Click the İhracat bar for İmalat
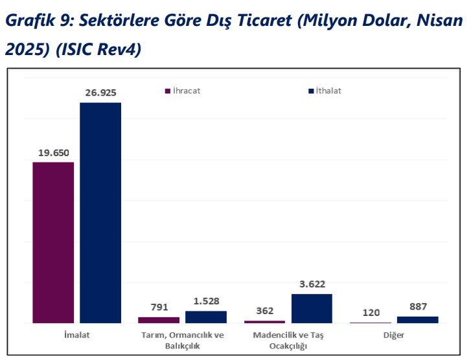53,242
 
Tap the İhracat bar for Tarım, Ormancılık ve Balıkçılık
159,320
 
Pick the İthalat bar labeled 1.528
206,317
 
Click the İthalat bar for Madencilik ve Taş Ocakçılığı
312,308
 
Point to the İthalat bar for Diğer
417,319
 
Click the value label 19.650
53,153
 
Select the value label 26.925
100,93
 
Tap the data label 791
159,308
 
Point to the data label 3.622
312,284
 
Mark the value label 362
265,311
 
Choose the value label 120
371,312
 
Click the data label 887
417,306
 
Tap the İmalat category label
76,335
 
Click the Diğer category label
394,335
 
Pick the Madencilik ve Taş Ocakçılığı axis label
288,341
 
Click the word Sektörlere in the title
109,21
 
